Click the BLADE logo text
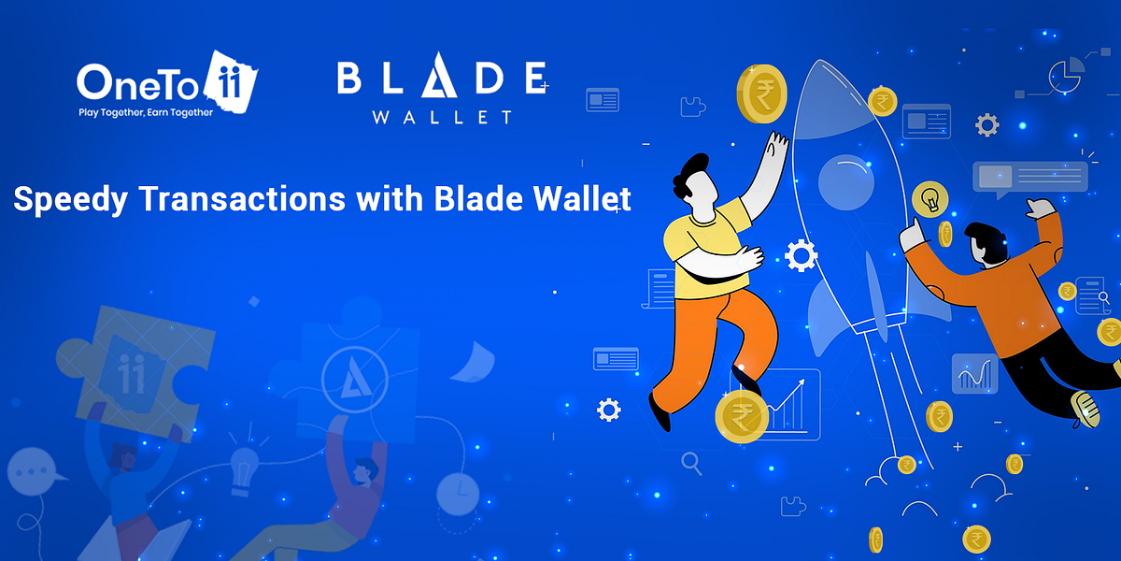tap(441, 80)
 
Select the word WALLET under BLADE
tap(441, 118)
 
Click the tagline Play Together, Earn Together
tap(145, 112)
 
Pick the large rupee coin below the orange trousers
tap(742, 417)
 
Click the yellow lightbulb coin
tap(930, 198)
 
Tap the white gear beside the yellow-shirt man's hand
tap(802, 255)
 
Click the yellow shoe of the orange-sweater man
tap(1086, 408)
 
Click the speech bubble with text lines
tap(1029, 177)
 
